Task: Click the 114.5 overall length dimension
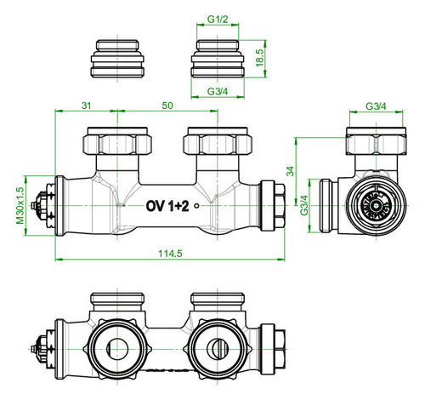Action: point(170,253)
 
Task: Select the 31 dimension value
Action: point(87,106)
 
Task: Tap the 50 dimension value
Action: point(167,106)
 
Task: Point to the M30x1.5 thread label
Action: point(20,205)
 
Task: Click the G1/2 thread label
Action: point(218,20)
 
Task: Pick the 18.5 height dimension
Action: point(260,58)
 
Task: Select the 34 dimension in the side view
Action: point(291,171)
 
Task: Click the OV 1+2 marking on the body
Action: point(167,206)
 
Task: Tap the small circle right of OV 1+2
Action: point(196,206)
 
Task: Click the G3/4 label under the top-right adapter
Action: point(218,91)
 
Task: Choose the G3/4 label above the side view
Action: point(376,106)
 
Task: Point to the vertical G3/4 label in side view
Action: point(304,205)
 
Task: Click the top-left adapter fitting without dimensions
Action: point(117,59)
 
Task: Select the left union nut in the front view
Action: point(117,141)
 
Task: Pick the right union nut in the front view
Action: point(218,141)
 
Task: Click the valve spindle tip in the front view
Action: point(34,205)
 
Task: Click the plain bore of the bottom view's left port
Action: point(117,349)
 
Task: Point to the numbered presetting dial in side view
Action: point(376,206)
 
